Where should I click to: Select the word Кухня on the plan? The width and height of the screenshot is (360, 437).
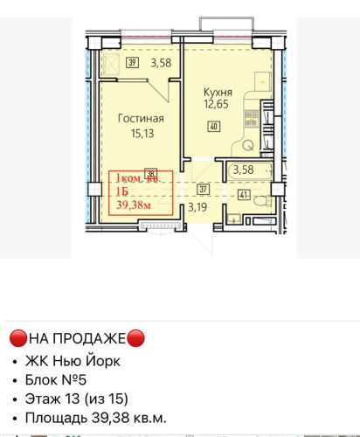click(x=218, y=92)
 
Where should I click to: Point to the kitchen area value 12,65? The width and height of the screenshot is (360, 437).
click(x=218, y=105)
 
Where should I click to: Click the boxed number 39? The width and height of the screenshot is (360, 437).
click(x=132, y=62)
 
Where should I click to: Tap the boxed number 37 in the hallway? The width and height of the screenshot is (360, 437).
click(x=202, y=188)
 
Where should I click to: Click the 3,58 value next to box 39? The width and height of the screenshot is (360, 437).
click(x=160, y=63)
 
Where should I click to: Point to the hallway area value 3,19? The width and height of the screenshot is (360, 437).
click(x=199, y=208)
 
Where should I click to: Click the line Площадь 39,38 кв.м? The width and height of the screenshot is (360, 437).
click(x=100, y=419)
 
